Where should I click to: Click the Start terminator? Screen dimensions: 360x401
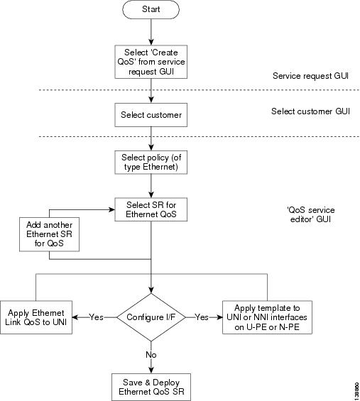click(x=151, y=9)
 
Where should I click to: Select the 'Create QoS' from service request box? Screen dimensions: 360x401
click(x=151, y=62)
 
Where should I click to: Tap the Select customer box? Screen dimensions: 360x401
click(x=151, y=115)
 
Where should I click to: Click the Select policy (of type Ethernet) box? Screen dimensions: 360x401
click(x=151, y=163)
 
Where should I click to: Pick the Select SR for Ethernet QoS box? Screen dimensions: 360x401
click(x=151, y=209)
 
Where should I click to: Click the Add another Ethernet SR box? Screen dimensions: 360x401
click(x=49, y=234)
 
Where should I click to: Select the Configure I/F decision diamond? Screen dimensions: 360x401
click(x=151, y=317)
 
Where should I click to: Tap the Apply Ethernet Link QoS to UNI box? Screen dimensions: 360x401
click(x=36, y=317)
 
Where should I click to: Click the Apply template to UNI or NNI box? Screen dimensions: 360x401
click(x=267, y=317)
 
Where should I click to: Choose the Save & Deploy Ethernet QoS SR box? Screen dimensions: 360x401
click(x=151, y=387)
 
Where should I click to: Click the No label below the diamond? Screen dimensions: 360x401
click(x=151, y=355)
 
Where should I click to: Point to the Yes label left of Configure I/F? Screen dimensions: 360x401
click(x=96, y=317)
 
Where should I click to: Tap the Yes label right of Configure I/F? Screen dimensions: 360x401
click(x=202, y=317)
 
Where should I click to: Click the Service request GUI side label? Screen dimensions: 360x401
click(x=310, y=76)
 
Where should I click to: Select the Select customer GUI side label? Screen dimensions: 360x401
click(x=310, y=111)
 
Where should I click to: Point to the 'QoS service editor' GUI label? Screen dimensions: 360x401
click(x=310, y=214)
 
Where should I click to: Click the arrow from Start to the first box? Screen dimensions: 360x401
click(x=151, y=32)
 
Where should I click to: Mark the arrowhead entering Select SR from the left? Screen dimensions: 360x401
click(x=111, y=209)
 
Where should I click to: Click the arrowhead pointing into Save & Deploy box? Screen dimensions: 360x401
click(x=151, y=370)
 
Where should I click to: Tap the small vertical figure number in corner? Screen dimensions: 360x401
click(x=357, y=391)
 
